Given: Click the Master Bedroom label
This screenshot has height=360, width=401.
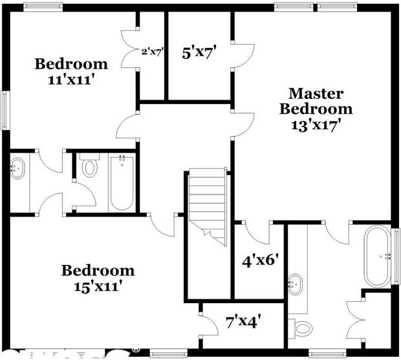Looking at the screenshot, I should tap(316, 101).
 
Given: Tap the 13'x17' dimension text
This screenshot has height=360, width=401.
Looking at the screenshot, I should tap(316, 125).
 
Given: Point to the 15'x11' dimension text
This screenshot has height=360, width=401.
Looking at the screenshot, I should tap(98, 284).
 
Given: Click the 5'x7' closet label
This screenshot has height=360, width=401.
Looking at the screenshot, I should tap(198, 52).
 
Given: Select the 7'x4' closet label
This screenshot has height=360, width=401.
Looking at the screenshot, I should tap(243, 319).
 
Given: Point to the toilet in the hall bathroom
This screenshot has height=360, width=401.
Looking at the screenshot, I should tap(89, 168).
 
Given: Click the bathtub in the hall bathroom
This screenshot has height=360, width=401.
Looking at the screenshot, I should tap(122, 182).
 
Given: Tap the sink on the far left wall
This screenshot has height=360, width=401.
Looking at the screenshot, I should tap(17, 169).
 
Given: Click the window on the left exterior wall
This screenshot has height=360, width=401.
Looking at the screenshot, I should tap(5, 111).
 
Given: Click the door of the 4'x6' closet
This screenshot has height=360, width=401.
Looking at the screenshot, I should tap(257, 231).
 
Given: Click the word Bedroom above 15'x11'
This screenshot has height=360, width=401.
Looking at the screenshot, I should tap(98, 270).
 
